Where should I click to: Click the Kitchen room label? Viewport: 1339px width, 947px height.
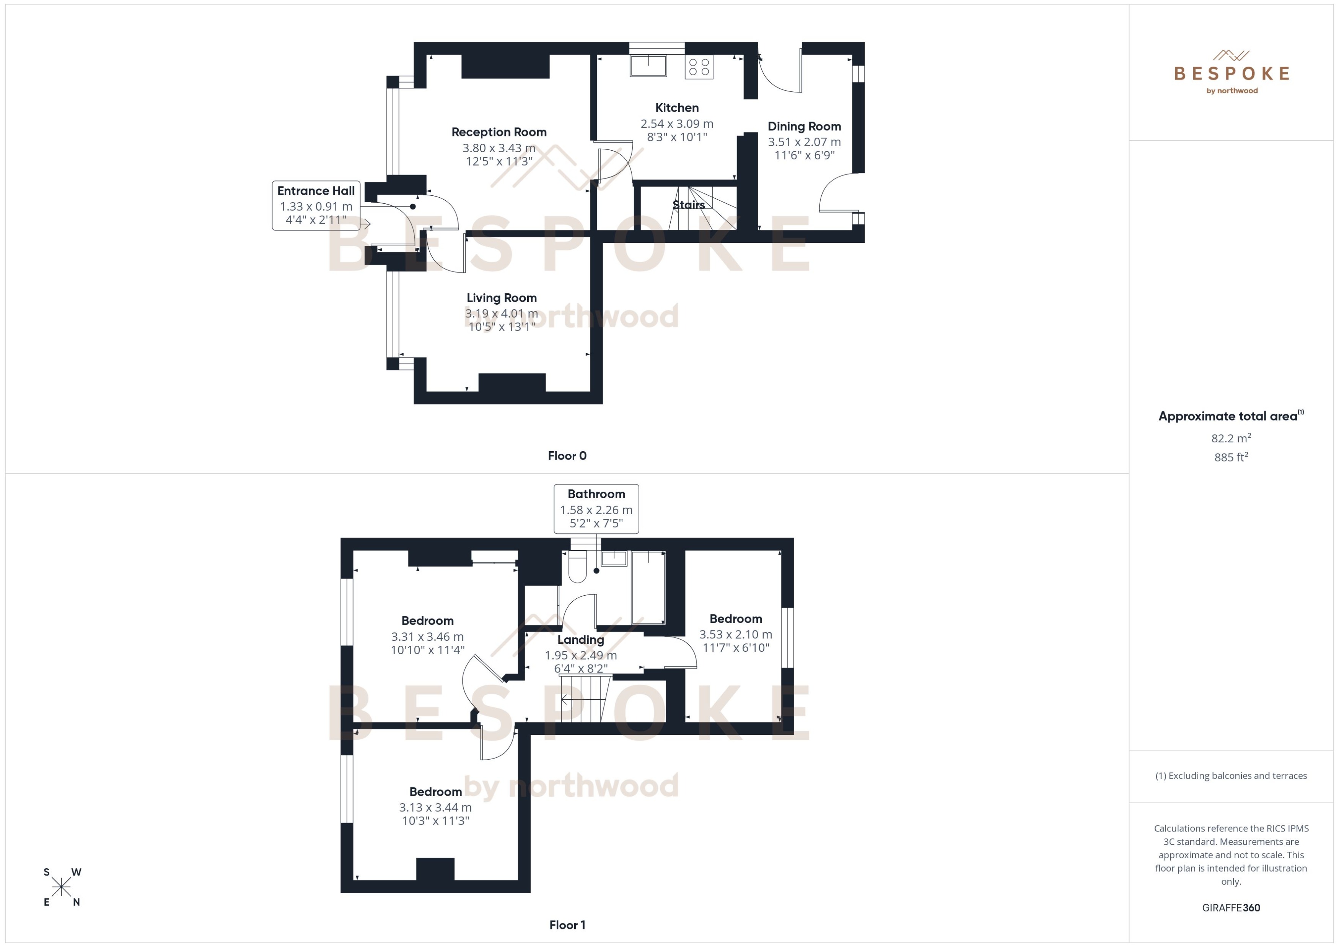(x=677, y=108)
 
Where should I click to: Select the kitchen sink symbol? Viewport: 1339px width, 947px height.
(x=648, y=65)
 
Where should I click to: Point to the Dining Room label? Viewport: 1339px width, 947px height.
(x=804, y=127)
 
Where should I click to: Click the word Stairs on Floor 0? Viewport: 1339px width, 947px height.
(x=689, y=205)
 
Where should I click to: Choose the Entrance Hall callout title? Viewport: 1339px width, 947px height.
(x=316, y=191)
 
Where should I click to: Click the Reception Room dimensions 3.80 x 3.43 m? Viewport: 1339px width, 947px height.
(x=499, y=148)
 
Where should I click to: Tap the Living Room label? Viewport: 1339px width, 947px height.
(x=501, y=298)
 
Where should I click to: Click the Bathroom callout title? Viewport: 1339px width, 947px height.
(x=596, y=494)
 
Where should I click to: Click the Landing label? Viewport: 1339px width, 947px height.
(x=580, y=640)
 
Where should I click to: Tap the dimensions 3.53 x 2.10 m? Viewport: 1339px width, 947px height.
(x=735, y=634)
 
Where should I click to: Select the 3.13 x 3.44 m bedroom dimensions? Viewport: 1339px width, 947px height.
(x=435, y=807)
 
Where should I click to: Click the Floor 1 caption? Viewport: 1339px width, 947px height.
(x=567, y=925)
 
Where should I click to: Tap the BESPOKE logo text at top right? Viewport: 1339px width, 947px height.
(x=1231, y=73)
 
